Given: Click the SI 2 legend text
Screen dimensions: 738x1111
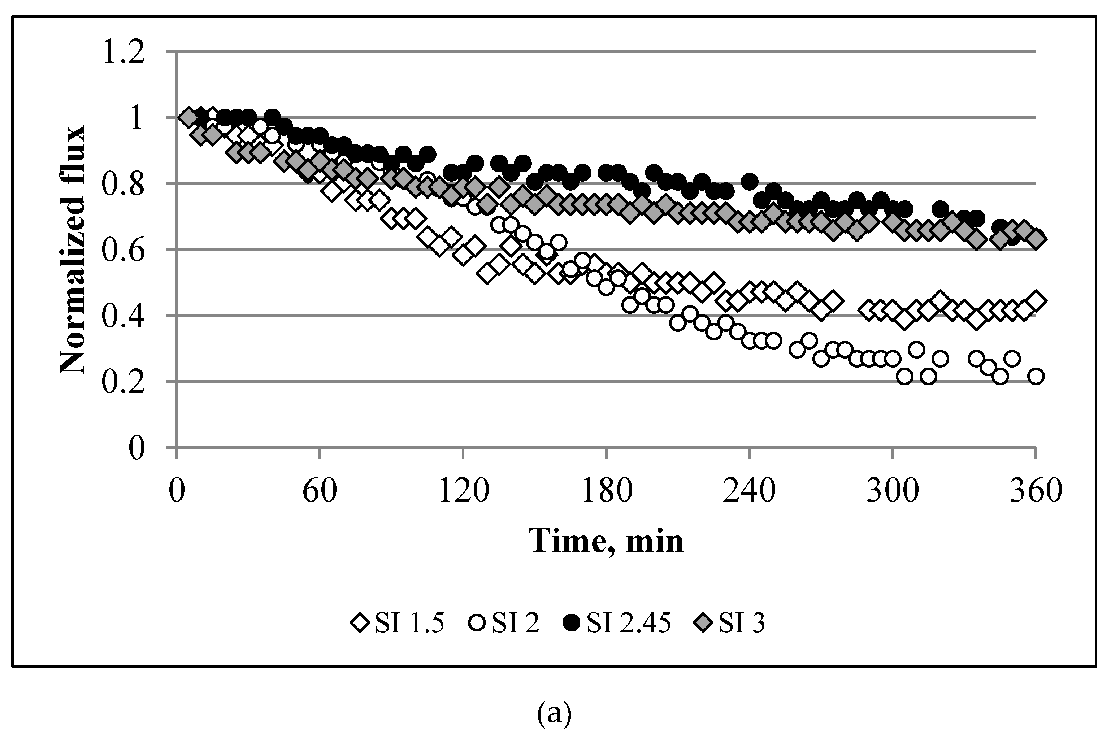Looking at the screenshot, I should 516,624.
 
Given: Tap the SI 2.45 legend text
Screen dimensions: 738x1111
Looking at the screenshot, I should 628,624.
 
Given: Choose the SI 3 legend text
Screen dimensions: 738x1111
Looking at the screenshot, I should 741,624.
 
